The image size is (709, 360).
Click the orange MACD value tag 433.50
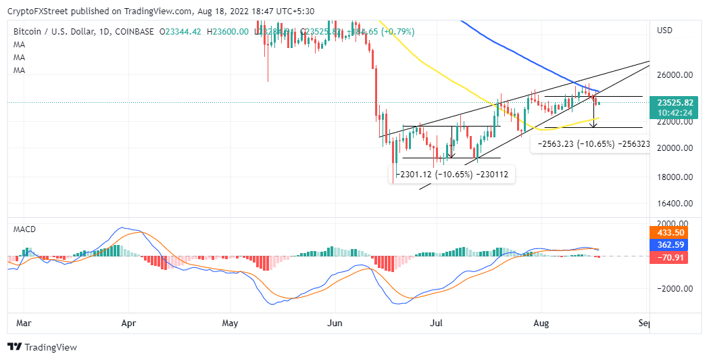coord(668,231)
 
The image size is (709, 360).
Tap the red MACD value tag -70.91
coord(668,257)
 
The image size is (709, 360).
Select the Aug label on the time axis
coord(541,324)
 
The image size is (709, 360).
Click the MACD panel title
coord(25,229)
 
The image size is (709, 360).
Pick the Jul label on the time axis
coord(437,324)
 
